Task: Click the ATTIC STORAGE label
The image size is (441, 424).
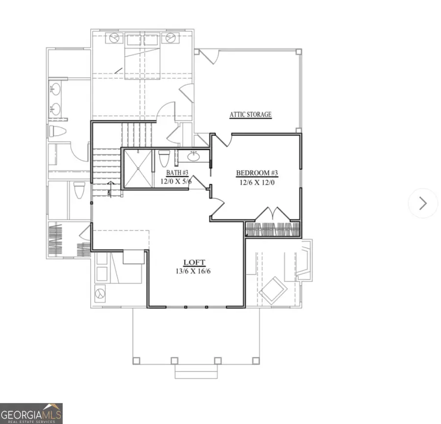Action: [250, 115]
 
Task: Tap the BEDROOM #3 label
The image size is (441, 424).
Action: [257, 173]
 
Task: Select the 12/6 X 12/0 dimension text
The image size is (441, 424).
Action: [257, 182]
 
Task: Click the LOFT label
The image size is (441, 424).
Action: [195, 262]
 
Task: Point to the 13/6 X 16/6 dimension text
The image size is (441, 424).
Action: [193, 271]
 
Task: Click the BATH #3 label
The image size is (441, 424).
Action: [177, 172]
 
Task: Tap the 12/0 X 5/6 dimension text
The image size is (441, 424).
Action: [176, 181]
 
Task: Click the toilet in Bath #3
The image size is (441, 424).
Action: [164, 159]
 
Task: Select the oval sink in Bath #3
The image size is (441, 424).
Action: [194, 156]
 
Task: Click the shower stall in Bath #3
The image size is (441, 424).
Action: [138, 168]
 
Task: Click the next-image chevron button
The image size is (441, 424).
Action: [423, 203]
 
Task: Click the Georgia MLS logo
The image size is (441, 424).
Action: [31, 414]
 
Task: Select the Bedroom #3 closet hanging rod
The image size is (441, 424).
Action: [273, 230]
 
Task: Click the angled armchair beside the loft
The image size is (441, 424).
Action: [273, 290]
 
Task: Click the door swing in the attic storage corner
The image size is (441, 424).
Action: [209, 57]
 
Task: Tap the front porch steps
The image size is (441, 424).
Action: [196, 372]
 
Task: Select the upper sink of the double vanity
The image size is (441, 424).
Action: [55, 89]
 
